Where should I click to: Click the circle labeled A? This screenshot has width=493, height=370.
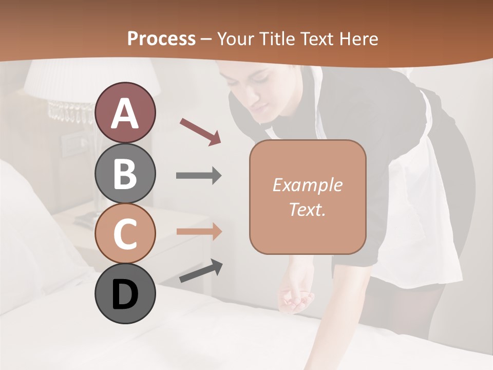[x=125, y=113]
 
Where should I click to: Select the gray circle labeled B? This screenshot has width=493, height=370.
[x=125, y=173]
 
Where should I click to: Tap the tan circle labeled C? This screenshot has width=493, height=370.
[x=125, y=233]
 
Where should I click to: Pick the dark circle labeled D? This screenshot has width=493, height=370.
[x=125, y=293]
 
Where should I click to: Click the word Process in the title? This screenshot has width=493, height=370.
[x=161, y=39]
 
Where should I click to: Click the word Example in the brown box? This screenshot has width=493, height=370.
[x=307, y=185]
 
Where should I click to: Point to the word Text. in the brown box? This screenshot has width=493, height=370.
[x=307, y=209]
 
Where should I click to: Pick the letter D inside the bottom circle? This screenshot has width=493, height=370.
[x=125, y=294]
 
